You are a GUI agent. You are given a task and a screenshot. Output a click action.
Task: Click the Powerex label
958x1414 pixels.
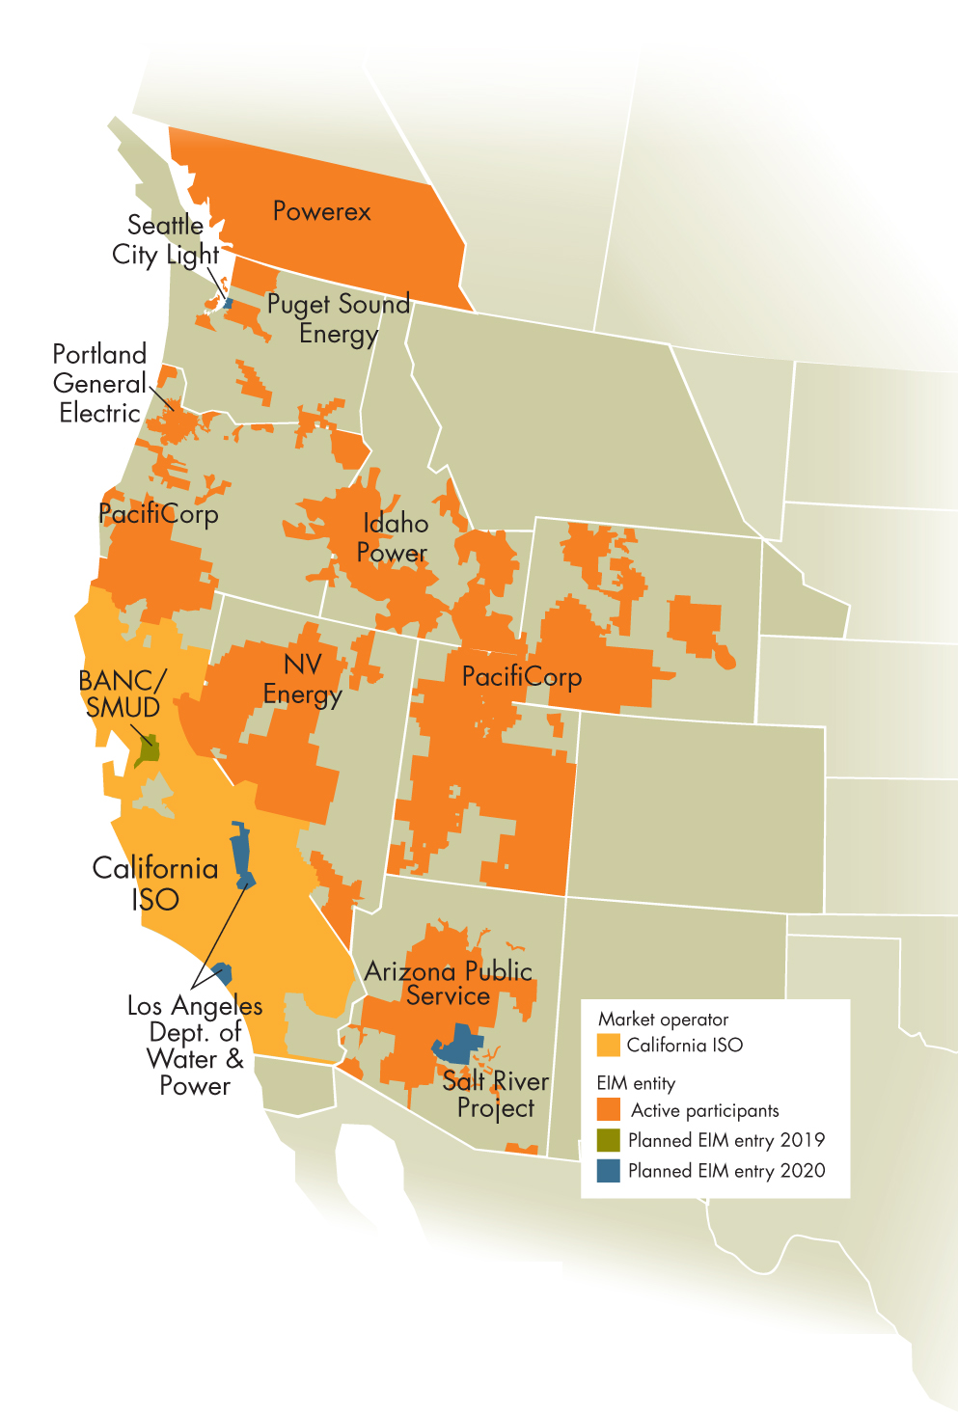(321, 211)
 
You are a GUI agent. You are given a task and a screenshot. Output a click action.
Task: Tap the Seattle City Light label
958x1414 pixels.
(165, 240)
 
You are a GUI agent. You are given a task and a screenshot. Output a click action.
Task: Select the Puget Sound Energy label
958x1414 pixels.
(338, 319)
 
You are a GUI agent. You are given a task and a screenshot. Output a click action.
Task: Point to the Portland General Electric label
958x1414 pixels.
(99, 384)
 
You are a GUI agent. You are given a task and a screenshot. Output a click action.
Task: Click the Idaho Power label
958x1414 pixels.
(394, 538)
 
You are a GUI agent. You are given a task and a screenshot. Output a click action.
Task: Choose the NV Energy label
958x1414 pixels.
(303, 680)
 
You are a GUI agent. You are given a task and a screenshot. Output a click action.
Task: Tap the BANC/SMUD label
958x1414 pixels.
(123, 694)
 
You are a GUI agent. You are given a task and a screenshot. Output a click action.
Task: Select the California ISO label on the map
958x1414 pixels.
(155, 884)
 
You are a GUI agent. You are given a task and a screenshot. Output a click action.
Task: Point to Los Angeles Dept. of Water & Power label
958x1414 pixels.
(195, 1046)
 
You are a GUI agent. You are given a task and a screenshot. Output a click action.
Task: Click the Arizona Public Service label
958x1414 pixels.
(449, 984)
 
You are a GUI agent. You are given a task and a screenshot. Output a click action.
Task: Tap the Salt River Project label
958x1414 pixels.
(496, 1095)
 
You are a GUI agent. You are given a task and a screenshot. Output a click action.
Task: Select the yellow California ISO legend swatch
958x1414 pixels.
(608, 1046)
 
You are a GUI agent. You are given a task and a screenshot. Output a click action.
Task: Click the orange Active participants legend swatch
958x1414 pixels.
(608, 1110)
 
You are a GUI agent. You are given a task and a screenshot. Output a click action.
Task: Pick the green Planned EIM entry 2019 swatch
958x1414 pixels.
(608, 1140)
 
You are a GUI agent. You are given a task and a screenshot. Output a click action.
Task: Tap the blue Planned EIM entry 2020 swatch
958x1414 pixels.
(608, 1171)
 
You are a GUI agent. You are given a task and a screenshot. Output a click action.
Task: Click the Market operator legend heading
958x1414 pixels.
(663, 1020)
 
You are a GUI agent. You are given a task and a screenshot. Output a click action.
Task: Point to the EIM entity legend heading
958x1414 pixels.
(636, 1083)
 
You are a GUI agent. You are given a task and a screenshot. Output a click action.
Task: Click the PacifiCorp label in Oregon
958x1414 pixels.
(158, 513)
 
